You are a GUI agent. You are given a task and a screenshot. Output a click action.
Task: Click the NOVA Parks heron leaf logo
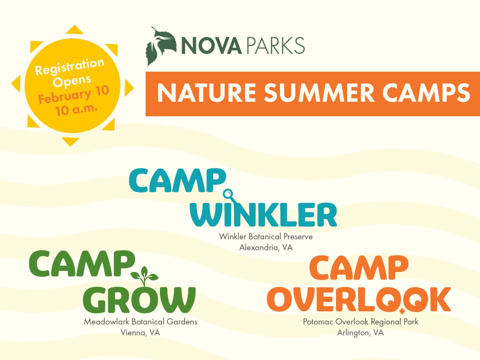161,46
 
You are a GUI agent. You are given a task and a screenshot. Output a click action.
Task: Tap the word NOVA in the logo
211,46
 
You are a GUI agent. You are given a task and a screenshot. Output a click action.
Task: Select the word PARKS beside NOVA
276,46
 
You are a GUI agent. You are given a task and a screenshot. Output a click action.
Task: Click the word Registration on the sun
70,66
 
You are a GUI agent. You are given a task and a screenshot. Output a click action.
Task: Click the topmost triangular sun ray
74,30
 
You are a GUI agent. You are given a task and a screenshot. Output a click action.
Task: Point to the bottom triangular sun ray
70,141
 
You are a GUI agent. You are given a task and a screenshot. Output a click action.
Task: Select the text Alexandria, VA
266,247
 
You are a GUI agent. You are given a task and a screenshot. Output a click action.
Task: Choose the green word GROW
139,300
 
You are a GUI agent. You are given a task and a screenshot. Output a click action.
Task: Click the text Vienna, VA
140,333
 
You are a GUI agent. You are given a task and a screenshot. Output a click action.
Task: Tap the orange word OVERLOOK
359,299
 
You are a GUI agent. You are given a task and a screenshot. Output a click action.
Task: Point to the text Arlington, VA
360,333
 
